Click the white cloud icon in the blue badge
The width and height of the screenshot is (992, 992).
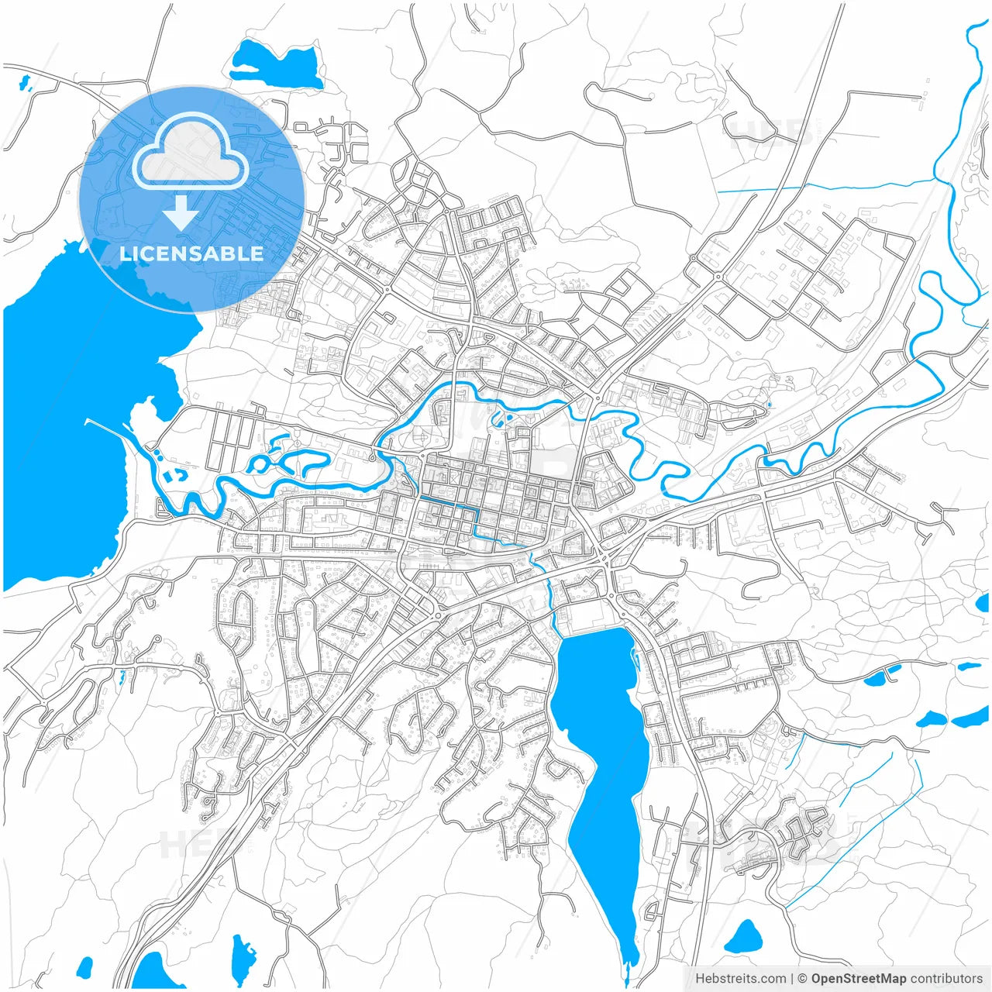tap(191, 152)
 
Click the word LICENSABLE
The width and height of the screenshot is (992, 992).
tap(191, 253)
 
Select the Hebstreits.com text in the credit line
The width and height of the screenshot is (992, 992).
tap(740, 979)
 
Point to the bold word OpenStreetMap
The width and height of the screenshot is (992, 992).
tap(859, 979)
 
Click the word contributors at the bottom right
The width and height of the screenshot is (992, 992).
tap(946, 979)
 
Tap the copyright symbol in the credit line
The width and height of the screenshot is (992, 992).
tap(803, 979)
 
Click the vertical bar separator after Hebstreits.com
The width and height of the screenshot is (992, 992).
tap(791, 979)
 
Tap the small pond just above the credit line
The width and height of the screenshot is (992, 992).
tap(744, 938)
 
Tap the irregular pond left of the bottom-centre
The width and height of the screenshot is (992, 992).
tap(243, 957)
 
